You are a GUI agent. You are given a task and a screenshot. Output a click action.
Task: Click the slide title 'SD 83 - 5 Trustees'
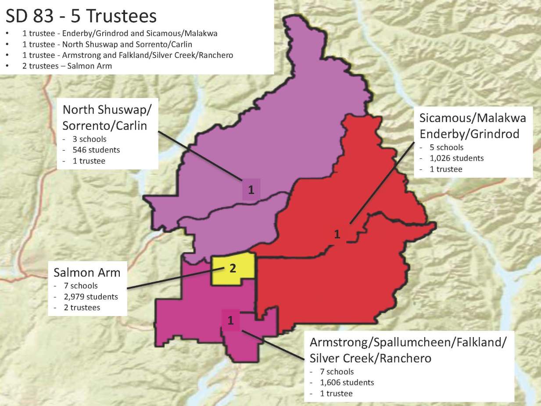[81, 16]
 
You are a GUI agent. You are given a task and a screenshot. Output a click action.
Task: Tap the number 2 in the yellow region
[233, 269]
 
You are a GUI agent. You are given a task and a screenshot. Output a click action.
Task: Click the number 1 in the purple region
[251, 190]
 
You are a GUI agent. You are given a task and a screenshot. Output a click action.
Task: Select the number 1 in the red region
[337, 234]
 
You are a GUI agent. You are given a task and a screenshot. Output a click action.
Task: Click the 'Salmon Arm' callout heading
[87, 272]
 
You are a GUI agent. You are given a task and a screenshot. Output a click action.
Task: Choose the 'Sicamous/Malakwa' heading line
[473, 118]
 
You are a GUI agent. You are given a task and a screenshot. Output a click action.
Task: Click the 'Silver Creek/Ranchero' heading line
[370, 358]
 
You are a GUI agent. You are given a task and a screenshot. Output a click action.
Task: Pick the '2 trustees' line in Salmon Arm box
[81, 308]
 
